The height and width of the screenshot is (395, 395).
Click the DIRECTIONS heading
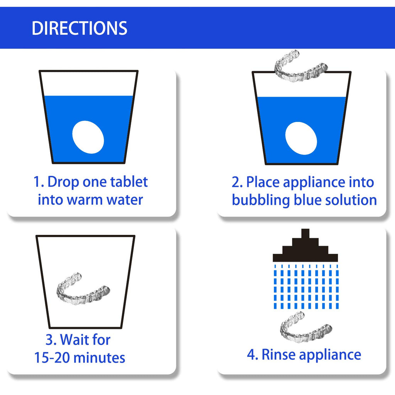pyautogui.click(x=79, y=28)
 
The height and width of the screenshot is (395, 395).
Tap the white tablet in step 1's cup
pyautogui.click(x=88, y=137)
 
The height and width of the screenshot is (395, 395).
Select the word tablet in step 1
pyautogui.click(x=129, y=182)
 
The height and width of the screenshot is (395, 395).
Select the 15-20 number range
pyautogui.click(x=52, y=358)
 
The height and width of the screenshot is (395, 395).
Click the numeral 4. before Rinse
pyautogui.click(x=252, y=354)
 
